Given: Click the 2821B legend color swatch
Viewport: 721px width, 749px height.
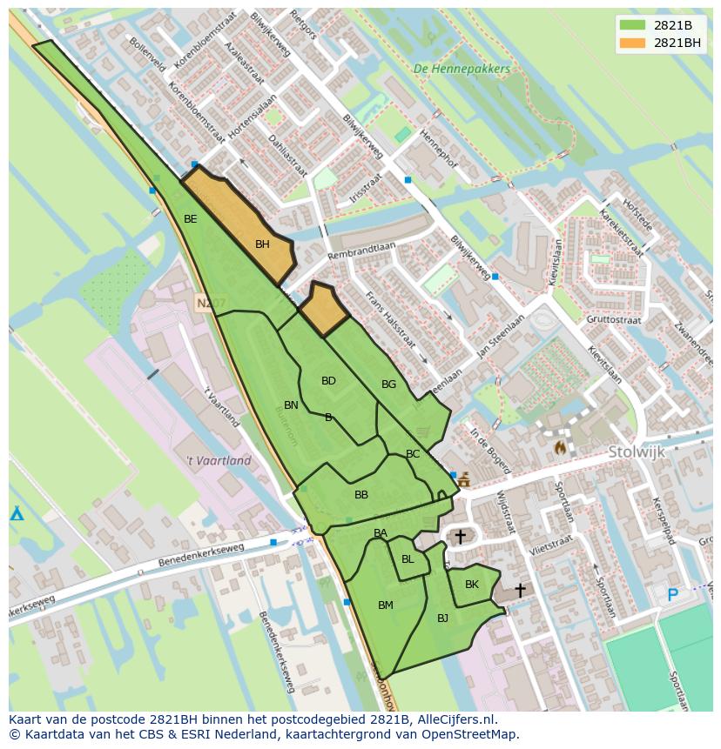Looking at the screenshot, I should (633, 25).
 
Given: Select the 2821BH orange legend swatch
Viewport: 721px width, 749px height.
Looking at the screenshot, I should (633, 43).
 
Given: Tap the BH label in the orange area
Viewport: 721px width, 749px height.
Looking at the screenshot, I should (262, 245).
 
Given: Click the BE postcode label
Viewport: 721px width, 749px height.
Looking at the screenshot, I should (190, 219).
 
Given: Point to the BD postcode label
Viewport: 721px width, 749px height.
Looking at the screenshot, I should (328, 381).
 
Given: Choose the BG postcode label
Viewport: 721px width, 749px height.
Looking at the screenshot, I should (388, 385).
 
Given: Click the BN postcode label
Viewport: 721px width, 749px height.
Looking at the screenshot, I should (291, 405).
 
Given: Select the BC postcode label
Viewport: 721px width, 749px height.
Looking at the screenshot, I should (413, 454).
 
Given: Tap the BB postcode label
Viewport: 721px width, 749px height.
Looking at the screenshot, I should (361, 495).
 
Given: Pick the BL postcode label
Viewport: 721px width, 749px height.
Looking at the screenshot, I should (408, 559).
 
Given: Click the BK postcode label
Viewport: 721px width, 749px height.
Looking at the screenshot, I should (472, 585).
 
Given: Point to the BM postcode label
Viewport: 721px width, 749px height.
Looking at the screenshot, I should (386, 605).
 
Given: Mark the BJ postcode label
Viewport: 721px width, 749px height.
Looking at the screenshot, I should (442, 619).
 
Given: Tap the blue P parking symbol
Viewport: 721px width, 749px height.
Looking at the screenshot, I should (672, 596).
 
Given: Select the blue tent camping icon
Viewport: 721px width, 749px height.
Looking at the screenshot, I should (17, 512).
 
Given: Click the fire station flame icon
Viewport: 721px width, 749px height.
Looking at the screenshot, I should (559, 446).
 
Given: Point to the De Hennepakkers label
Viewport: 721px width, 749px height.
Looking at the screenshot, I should (462, 69).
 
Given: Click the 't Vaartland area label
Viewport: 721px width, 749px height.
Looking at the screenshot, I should (219, 461).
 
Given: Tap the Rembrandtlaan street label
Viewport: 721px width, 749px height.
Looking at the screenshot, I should (360, 251).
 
